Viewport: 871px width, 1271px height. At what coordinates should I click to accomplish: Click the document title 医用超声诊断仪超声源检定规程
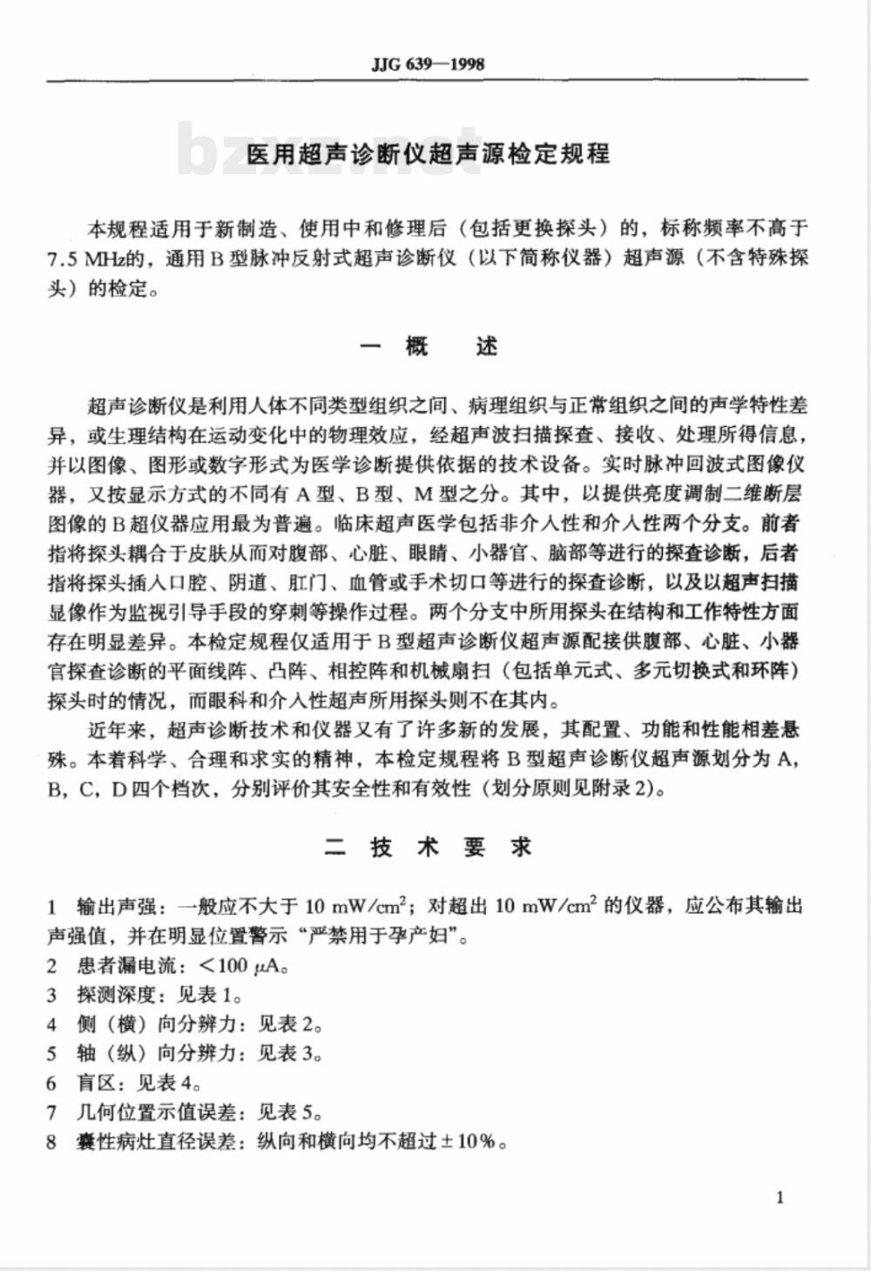428,155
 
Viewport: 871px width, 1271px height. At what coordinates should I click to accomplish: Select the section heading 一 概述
428,347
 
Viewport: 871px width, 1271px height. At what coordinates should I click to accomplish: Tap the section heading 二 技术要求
428,848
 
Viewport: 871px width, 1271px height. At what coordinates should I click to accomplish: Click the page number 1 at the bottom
780,1197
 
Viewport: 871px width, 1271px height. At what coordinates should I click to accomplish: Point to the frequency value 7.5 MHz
83,259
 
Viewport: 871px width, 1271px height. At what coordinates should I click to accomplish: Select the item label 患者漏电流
125,965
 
